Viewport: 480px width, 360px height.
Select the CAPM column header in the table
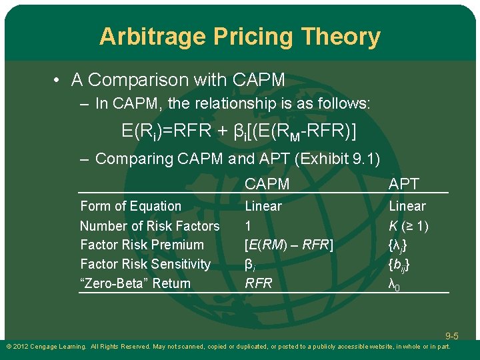pos(267,184)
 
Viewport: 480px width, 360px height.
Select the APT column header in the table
pos(404,184)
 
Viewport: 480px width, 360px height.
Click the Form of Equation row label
pos(131,207)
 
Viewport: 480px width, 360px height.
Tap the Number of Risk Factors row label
pos(149,226)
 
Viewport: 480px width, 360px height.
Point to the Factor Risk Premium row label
pos(142,245)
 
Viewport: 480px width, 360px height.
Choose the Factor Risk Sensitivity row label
pos(145,264)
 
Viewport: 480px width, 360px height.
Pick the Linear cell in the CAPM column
pos(263,207)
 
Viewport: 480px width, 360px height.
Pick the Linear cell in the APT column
pos(407,207)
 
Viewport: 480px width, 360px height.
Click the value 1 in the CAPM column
pos(249,226)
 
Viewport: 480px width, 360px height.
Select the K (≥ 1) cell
pos(409,226)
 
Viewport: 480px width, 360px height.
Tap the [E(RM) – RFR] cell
pos(289,245)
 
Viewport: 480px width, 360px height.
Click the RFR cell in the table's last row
pos(259,283)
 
